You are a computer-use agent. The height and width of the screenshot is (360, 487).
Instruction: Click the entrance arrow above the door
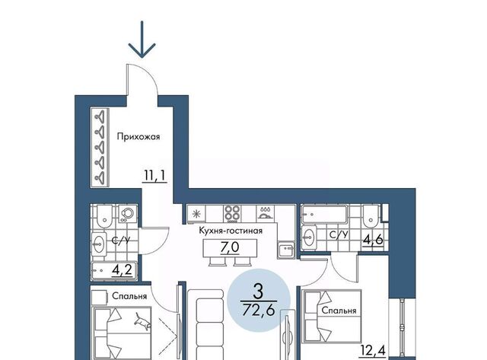pyautogui.click(x=142, y=40)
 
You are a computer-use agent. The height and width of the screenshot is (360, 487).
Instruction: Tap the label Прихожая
pyautogui.click(x=138, y=137)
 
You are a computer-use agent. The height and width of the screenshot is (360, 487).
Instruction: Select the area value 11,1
pyautogui.click(x=154, y=176)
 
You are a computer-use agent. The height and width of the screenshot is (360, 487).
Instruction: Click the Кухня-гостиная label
pyautogui.click(x=231, y=231)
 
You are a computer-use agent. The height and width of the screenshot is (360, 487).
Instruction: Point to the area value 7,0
pyautogui.click(x=230, y=247)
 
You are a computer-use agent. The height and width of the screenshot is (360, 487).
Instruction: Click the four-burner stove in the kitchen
pyautogui.click(x=232, y=213)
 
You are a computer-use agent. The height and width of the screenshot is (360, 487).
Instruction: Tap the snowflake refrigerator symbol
pyautogui.click(x=196, y=214)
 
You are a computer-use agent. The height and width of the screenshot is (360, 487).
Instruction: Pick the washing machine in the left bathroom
pyautogui.click(x=127, y=213)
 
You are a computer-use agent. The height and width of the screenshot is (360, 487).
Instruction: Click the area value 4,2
pyautogui.click(x=122, y=270)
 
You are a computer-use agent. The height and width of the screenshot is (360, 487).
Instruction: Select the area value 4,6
pyautogui.click(x=373, y=240)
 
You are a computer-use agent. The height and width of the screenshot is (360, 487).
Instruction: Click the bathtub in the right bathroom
pyautogui.click(x=325, y=214)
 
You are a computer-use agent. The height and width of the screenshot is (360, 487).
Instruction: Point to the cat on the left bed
pyautogui.click(x=142, y=322)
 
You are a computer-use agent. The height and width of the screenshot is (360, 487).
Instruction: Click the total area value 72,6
pyautogui.click(x=259, y=309)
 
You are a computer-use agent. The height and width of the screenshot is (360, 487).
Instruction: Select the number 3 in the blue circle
pyautogui.click(x=258, y=292)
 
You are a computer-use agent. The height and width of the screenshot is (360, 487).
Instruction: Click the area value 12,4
pyautogui.click(x=373, y=350)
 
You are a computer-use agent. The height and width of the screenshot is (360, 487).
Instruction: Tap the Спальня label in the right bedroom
pyautogui.click(x=339, y=311)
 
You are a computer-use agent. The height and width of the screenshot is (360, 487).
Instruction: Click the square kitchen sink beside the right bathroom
pyautogui.click(x=286, y=250)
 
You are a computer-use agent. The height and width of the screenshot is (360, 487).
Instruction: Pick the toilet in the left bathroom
pyautogui.click(x=104, y=216)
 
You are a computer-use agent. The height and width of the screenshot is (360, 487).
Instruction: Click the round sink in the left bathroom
pyautogui.click(x=100, y=244)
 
